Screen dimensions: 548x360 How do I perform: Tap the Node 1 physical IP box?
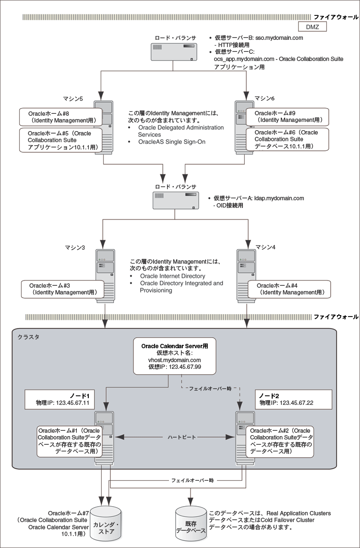tap(64, 399)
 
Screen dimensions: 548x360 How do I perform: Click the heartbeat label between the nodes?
tap(175, 438)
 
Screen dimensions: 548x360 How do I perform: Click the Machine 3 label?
tap(75, 248)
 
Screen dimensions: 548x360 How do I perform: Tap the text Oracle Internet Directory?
tap(172, 276)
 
